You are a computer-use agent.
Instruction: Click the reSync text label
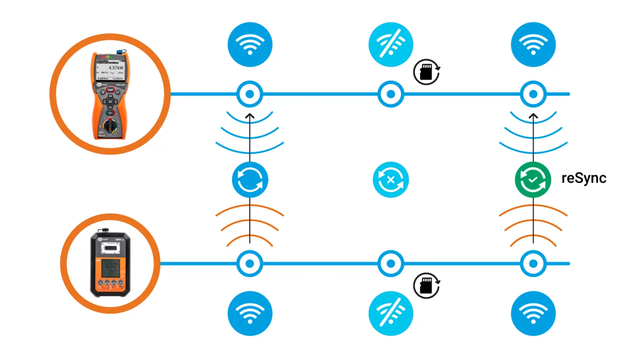pyautogui.click(x=584, y=178)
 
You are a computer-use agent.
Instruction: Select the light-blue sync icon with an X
pyautogui.click(x=391, y=180)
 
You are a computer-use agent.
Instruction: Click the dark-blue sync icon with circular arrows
pyautogui.click(x=250, y=180)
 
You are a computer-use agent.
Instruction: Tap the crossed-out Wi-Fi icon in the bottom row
pyautogui.click(x=391, y=314)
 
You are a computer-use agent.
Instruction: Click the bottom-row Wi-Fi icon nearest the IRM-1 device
pyautogui.click(x=250, y=314)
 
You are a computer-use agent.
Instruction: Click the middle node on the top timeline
pyautogui.click(x=391, y=94)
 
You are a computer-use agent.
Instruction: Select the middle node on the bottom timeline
pyautogui.click(x=391, y=264)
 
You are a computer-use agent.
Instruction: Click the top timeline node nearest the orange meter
pyautogui.click(x=250, y=94)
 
